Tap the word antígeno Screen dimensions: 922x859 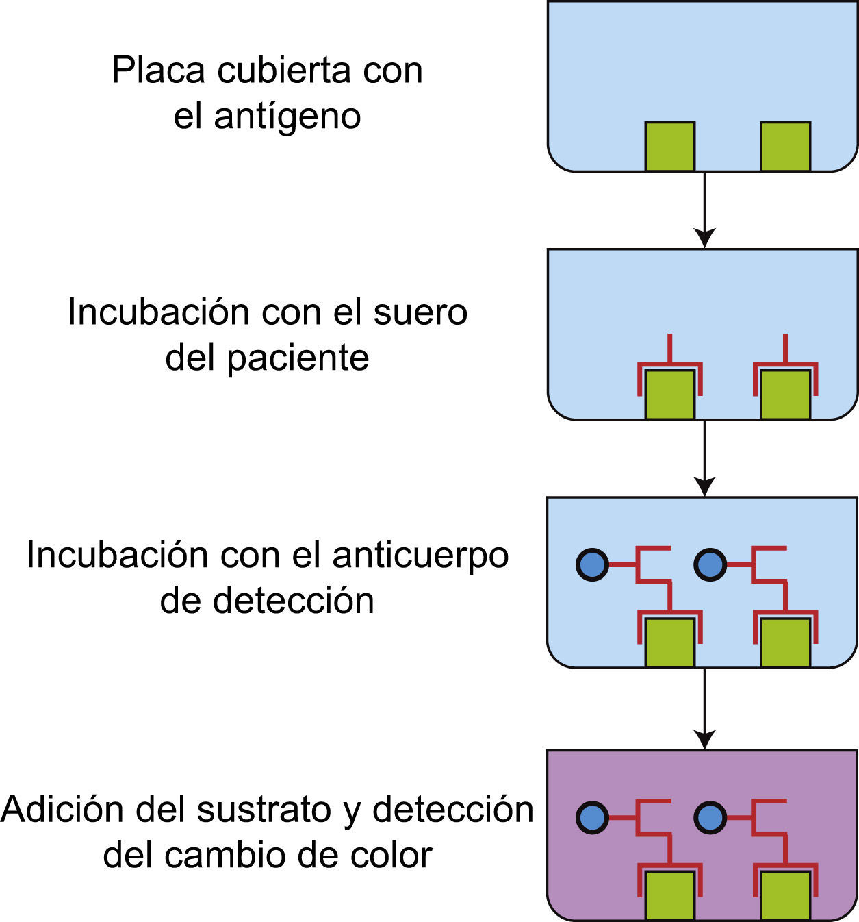(287, 116)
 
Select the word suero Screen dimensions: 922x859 (420, 312)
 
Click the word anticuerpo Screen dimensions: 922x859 (420, 555)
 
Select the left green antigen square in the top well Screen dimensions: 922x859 (669, 147)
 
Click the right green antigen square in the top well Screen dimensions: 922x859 (785, 147)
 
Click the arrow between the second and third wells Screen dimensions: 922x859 (704, 458)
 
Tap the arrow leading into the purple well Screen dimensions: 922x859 (704, 709)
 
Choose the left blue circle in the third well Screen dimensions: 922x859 (592, 565)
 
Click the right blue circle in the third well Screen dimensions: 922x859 (710, 565)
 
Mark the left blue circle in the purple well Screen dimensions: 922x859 (592, 818)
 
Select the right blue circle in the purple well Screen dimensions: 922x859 (710, 818)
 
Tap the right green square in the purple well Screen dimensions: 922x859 (785, 895)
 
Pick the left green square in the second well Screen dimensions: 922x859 (669, 395)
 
